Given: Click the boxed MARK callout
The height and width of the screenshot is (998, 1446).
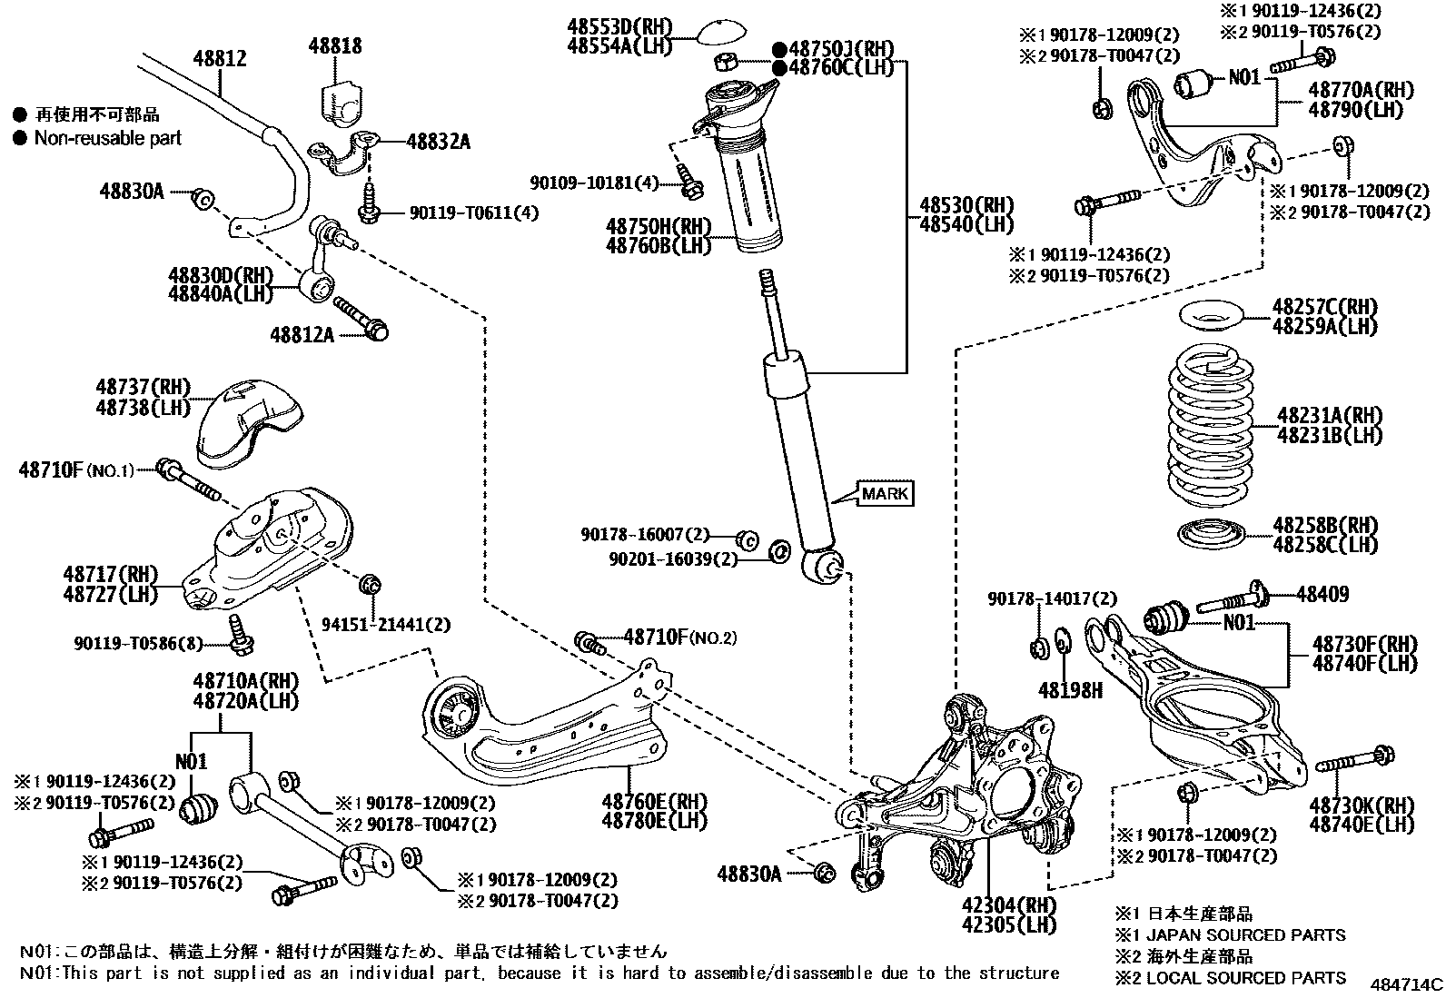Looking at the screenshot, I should (885, 493).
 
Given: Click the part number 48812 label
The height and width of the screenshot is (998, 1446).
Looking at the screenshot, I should (219, 59).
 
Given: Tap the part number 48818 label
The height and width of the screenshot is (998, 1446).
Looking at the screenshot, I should (334, 45).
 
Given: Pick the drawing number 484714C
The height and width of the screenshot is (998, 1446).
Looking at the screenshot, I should (1406, 983).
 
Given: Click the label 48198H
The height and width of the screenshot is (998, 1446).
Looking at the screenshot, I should (1072, 691).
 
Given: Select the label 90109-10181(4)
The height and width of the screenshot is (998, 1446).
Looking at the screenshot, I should (595, 183).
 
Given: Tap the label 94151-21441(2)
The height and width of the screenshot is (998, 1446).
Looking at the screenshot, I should (386, 625).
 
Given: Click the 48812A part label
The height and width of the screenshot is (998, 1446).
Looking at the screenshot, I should (302, 335).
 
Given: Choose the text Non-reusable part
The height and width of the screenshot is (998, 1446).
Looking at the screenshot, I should (107, 138).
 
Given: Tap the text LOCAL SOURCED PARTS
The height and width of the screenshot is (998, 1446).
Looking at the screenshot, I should (1246, 977).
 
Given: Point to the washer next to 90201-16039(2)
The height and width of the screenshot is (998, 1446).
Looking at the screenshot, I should (778, 551).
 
